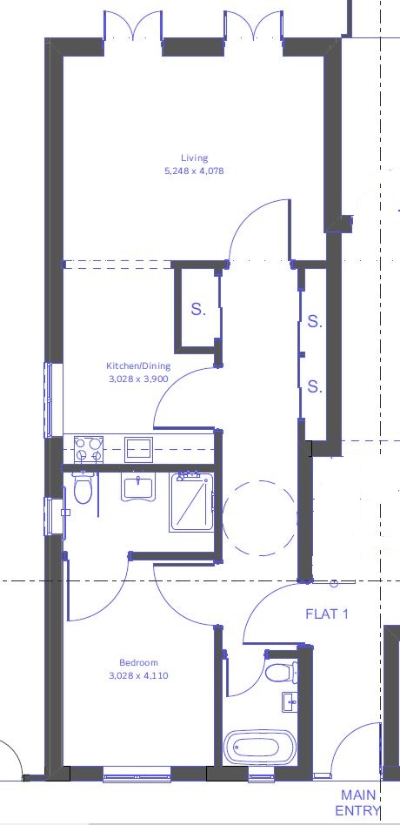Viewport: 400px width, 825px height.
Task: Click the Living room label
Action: coord(195,158)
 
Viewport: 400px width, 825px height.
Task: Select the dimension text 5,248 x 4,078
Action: coord(195,171)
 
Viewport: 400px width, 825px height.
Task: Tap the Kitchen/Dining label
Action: coord(137,366)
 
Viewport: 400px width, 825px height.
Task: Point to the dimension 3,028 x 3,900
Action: coord(137,379)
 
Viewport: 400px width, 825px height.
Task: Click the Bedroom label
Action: coord(139,663)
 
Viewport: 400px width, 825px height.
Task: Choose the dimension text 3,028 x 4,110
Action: coord(139,675)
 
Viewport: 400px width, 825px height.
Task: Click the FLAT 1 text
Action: coord(326,614)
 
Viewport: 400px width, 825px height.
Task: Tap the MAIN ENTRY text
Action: coord(360,802)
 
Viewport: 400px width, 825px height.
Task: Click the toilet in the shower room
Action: coord(83,490)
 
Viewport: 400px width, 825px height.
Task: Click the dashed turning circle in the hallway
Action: coord(258,519)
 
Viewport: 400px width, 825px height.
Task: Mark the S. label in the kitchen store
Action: coord(198,309)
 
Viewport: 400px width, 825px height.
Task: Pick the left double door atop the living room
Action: coord(132,26)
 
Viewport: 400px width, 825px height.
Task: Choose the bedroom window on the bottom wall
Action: coord(137,774)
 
